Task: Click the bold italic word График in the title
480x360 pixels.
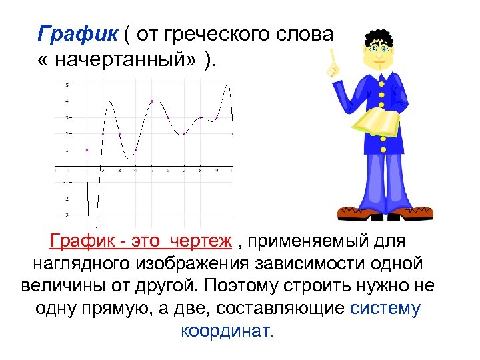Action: coord(65,33)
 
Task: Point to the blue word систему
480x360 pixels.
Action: coord(385,308)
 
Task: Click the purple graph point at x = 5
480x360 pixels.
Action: coord(152,101)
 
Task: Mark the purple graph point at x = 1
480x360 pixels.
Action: coord(87,150)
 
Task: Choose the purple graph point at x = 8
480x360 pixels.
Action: coord(201,117)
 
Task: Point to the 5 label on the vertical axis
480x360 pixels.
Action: coord(67,85)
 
